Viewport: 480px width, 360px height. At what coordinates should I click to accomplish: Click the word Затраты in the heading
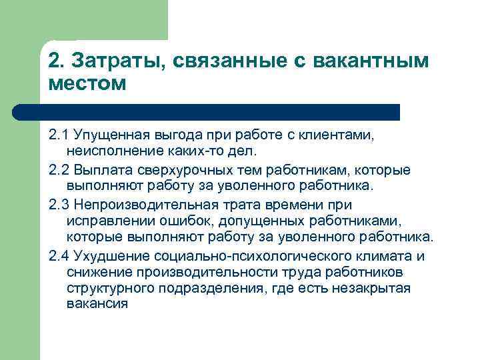108,62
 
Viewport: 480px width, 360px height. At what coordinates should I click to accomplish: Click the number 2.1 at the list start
59,136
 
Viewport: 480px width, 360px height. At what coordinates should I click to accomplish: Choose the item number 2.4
61,257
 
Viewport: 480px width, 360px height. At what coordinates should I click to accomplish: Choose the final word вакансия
97,304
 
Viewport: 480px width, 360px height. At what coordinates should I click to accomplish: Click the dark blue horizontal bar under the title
220,111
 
